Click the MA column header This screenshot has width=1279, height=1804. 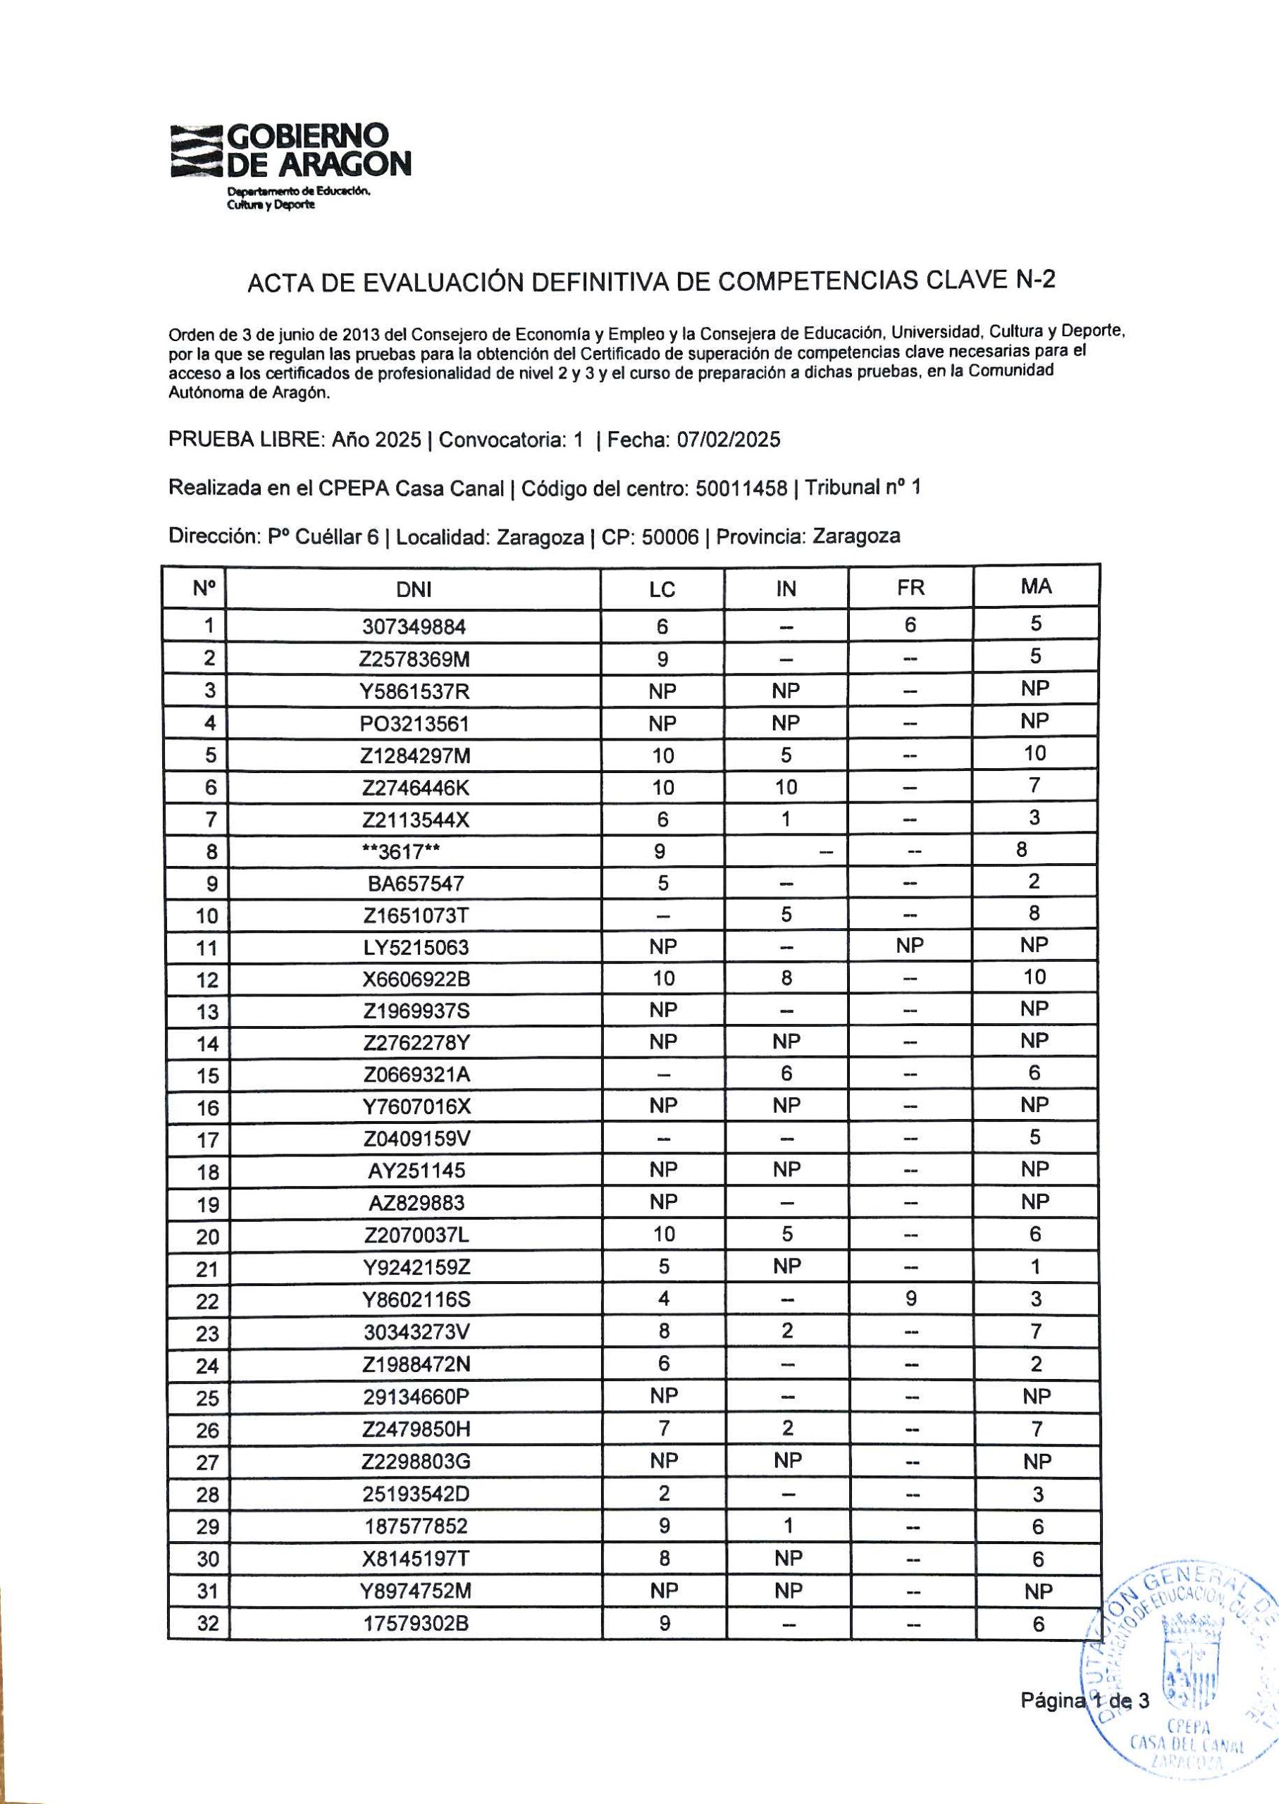[1036, 586]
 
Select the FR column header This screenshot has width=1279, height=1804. [910, 588]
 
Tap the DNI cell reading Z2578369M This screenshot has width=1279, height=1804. [415, 658]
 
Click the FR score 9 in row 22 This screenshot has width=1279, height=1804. [911, 1299]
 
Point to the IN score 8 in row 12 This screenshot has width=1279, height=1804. [786, 977]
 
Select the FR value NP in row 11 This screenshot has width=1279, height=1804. [910, 946]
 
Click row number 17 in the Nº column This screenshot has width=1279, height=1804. [207, 1139]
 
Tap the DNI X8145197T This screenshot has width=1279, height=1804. [415, 1559]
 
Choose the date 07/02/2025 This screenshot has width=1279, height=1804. [729, 440]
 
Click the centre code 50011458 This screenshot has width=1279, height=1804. [741, 489]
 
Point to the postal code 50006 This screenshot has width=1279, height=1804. [670, 537]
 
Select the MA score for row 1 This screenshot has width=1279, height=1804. [1036, 624]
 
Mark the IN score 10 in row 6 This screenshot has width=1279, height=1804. [786, 786]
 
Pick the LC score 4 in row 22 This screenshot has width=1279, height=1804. [663, 1299]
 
